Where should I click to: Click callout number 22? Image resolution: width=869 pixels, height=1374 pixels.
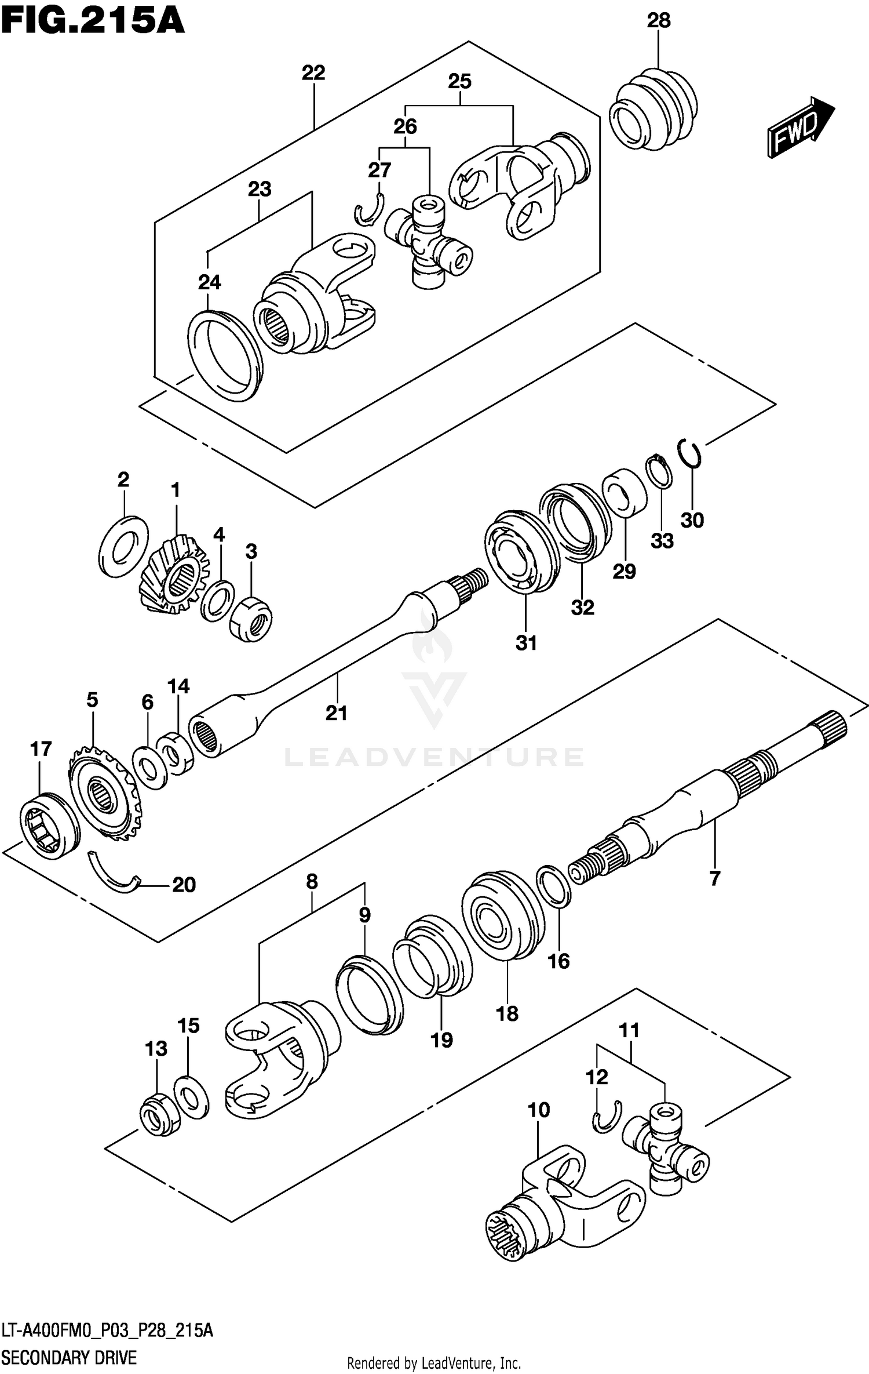coord(313,73)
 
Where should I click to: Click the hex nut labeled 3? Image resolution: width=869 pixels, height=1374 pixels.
coord(251,619)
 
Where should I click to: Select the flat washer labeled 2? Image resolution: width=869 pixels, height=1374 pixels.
coord(123,546)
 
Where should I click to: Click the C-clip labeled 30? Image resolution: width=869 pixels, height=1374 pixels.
coord(689,453)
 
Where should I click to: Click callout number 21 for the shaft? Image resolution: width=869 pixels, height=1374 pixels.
coord(336,713)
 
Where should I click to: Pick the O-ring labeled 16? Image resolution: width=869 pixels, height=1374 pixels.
coord(554,886)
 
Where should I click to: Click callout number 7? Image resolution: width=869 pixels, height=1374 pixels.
coord(714,878)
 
